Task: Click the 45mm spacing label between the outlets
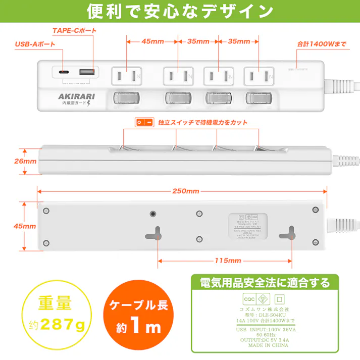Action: (151, 41)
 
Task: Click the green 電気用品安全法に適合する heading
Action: (265, 282)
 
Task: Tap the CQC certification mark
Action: (249, 298)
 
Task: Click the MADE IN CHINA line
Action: (265, 346)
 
